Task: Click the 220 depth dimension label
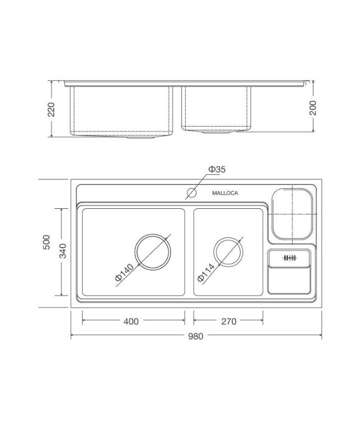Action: (x=51, y=109)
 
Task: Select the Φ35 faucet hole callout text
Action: (x=217, y=170)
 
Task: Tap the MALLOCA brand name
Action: (x=225, y=193)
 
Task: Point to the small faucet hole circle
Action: (x=191, y=193)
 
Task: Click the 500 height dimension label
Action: (x=47, y=243)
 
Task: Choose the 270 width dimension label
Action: (x=229, y=321)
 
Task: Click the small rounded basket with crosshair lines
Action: (x=293, y=213)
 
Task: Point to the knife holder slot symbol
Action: (x=289, y=258)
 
